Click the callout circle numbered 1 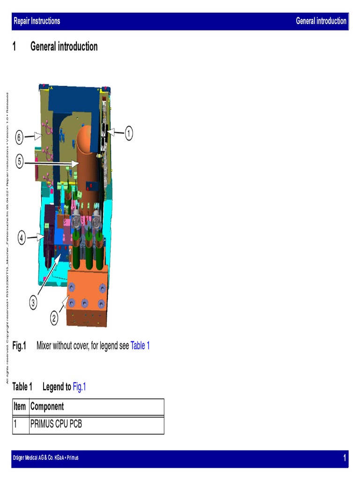[128, 134]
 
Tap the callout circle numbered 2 [54, 319]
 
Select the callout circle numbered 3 [33, 303]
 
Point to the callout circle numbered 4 [22, 238]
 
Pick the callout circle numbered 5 [19, 162]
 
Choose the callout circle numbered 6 [19, 137]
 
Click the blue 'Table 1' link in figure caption [140, 346]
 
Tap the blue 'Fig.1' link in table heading [79, 387]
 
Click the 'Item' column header [20, 406]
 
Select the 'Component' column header [47, 406]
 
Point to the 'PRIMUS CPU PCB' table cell [56, 424]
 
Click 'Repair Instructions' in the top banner [37, 21]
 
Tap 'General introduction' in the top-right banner [321, 21]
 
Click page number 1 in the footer [345, 458]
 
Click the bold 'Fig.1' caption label [19, 346]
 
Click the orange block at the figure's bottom [88, 295]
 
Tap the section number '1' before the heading [15, 46]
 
